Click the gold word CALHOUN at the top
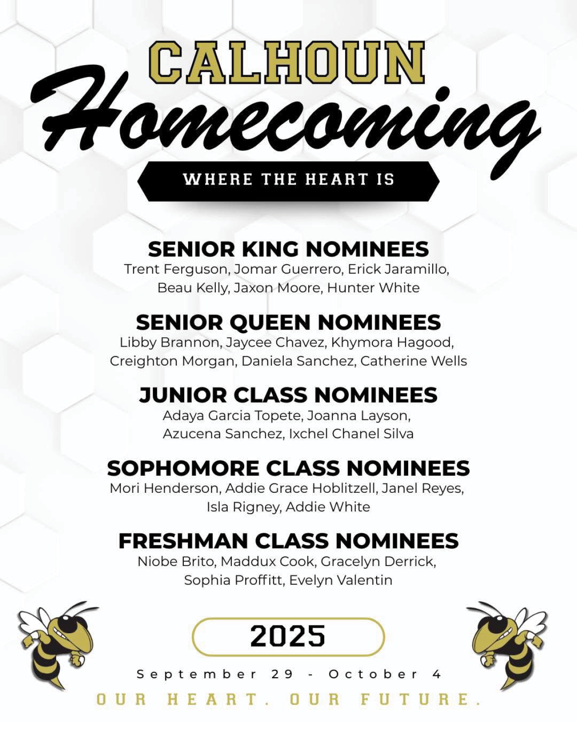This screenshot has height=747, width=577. click(x=287, y=62)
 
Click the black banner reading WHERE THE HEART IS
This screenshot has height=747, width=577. click(x=288, y=181)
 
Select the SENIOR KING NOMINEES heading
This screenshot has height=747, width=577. click(x=288, y=249)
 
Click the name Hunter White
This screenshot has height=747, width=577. click(x=373, y=288)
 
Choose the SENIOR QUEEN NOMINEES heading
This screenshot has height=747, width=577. click(x=288, y=323)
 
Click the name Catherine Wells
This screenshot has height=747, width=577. click(x=414, y=361)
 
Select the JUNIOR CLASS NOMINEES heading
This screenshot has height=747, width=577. click(x=288, y=395)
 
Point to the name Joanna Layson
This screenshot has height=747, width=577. click(x=359, y=416)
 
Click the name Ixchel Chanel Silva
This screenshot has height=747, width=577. click(x=351, y=434)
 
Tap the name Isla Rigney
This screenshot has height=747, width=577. click(x=244, y=507)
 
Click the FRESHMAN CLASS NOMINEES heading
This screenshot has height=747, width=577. click(x=288, y=541)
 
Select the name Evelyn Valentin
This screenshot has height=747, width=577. click(x=340, y=580)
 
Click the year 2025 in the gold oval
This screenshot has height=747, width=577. click(x=288, y=636)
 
